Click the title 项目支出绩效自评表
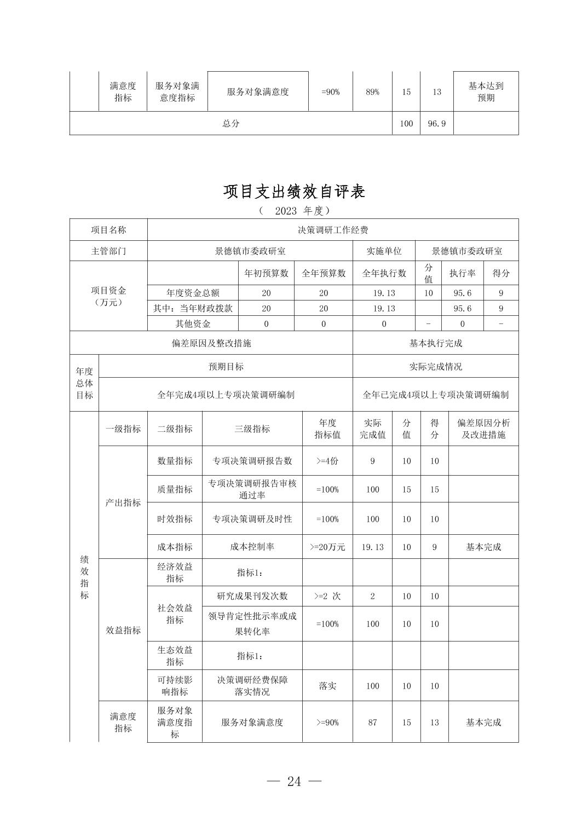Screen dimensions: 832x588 click(294, 192)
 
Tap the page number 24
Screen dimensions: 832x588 click(294, 782)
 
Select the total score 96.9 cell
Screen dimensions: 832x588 click(436, 124)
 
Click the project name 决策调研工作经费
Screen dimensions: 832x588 click(333, 230)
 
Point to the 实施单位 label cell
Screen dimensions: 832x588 click(384, 251)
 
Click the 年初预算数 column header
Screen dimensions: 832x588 click(266, 273)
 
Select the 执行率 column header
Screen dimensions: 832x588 click(462, 273)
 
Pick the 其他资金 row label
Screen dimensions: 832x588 click(193, 324)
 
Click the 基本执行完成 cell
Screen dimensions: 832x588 click(436, 343)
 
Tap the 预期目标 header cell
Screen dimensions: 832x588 click(226, 367)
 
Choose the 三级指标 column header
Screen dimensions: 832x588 click(252, 429)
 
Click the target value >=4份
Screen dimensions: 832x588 click(327, 461)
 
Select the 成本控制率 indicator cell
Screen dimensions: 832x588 click(252, 547)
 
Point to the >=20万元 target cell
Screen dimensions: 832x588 click(327, 547)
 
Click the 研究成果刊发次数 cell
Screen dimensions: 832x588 click(252, 596)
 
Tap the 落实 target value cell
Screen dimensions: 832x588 click(327, 686)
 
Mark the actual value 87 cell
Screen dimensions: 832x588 click(372, 723)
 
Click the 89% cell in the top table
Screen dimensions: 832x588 click(372, 92)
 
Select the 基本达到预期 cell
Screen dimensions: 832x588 click(486, 92)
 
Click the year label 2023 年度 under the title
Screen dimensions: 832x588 click(294, 211)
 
